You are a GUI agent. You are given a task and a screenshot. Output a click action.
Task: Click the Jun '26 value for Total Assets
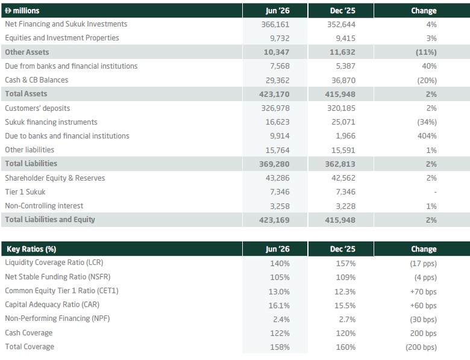coord(274,95)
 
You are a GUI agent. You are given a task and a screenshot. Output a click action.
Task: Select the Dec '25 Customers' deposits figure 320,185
coord(341,108)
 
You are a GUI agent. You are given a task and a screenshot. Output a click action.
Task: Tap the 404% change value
coord(427,136)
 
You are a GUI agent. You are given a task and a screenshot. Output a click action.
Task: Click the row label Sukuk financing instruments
coord(51,122)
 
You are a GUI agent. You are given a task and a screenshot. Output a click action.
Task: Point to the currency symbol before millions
coord(8,11)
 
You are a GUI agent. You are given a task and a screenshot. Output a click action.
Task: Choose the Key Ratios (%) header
coord(31,249)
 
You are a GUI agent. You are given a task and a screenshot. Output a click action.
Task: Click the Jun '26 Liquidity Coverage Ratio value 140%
coord(280,264)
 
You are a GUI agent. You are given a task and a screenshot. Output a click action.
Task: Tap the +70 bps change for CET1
coord(423,292)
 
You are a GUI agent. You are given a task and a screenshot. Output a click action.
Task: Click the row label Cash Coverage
coord(29,333)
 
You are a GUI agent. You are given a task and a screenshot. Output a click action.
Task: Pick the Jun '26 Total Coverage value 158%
coord(280,347)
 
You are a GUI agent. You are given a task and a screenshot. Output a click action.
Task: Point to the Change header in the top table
coord(424,11)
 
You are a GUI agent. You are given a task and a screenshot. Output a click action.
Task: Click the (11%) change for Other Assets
coord(426,52)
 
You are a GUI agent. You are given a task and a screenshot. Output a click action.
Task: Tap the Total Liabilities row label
coord(31,164)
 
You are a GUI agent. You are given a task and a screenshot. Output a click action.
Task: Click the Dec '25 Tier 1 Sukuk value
coord(346,192)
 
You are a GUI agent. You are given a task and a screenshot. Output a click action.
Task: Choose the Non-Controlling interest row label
coord(44,206)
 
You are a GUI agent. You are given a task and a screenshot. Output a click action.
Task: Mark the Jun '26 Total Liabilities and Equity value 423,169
coord(274,220)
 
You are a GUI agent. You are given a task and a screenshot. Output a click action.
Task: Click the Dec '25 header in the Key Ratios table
coord(343,249)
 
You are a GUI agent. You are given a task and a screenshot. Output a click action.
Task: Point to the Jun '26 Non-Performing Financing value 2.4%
coord(281,320)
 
